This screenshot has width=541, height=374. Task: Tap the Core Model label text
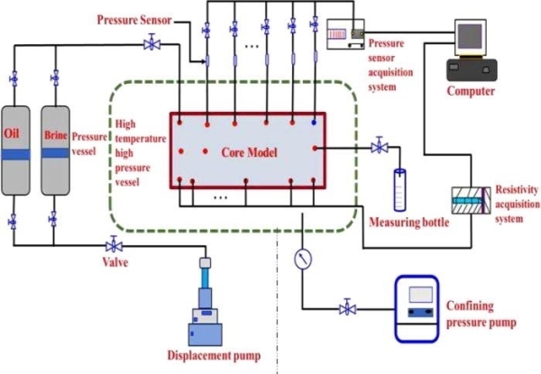pos(242,151)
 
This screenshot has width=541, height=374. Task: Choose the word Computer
pos(473,90)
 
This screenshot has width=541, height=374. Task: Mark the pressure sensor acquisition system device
pos(344,32)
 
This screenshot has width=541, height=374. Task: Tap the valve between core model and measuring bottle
pos(379,147)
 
